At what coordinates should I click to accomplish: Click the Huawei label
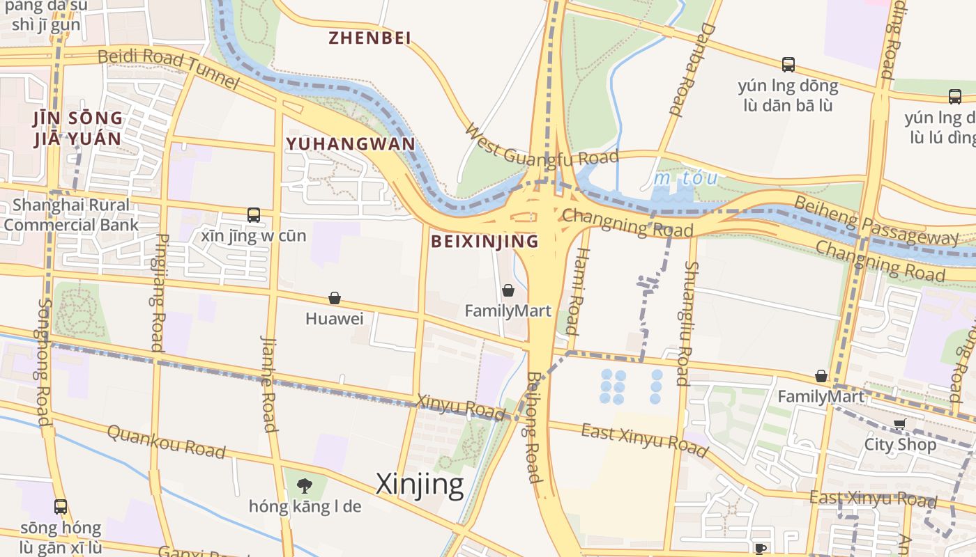[335, 319]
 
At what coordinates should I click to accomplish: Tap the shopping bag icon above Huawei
[335, 298]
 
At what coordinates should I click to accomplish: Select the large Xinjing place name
[420, 484]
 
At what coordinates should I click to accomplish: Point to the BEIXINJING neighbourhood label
[485, 242]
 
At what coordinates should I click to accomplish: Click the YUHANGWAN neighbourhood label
[350, 144]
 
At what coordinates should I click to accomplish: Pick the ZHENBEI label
[369, 38]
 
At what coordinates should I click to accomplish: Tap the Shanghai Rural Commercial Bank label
[71, 215]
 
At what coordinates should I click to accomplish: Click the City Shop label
[901, 444]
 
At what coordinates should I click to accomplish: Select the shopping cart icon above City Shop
[900, 423]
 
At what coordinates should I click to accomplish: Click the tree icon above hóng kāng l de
[304, 485]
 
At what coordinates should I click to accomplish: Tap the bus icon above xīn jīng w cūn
[254, 215]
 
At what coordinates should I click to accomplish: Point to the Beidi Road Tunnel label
[169, 68]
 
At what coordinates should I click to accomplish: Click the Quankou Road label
[166, 441]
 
